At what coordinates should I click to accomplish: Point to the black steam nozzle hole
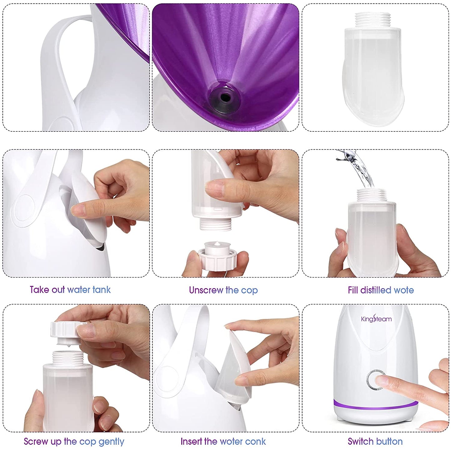225,97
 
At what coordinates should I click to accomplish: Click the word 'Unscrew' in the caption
206,290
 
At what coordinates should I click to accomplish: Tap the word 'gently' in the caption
111,442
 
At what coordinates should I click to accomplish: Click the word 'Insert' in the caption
191,441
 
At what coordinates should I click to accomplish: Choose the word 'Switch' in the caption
360,441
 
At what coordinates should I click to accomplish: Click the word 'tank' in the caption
101,290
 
